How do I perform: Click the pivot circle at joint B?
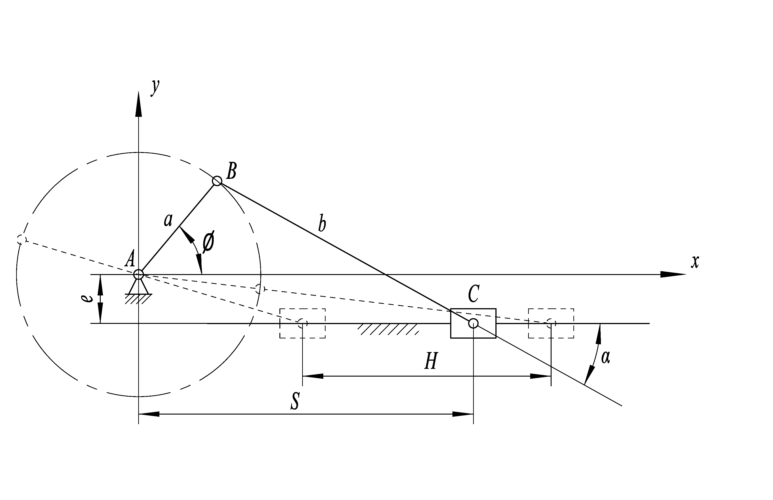(x=217, y=181)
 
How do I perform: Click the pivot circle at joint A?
(x=139, y=274)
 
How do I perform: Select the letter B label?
(x=231, y=171)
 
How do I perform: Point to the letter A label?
(x=130, y=259)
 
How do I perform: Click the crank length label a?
(x=168, y=220)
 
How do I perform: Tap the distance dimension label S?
(x=295, y=401)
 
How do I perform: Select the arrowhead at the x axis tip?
(x=673, y=274)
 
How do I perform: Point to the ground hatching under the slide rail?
(x=388, y=329)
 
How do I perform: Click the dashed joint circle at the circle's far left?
(x=21, y=240)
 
